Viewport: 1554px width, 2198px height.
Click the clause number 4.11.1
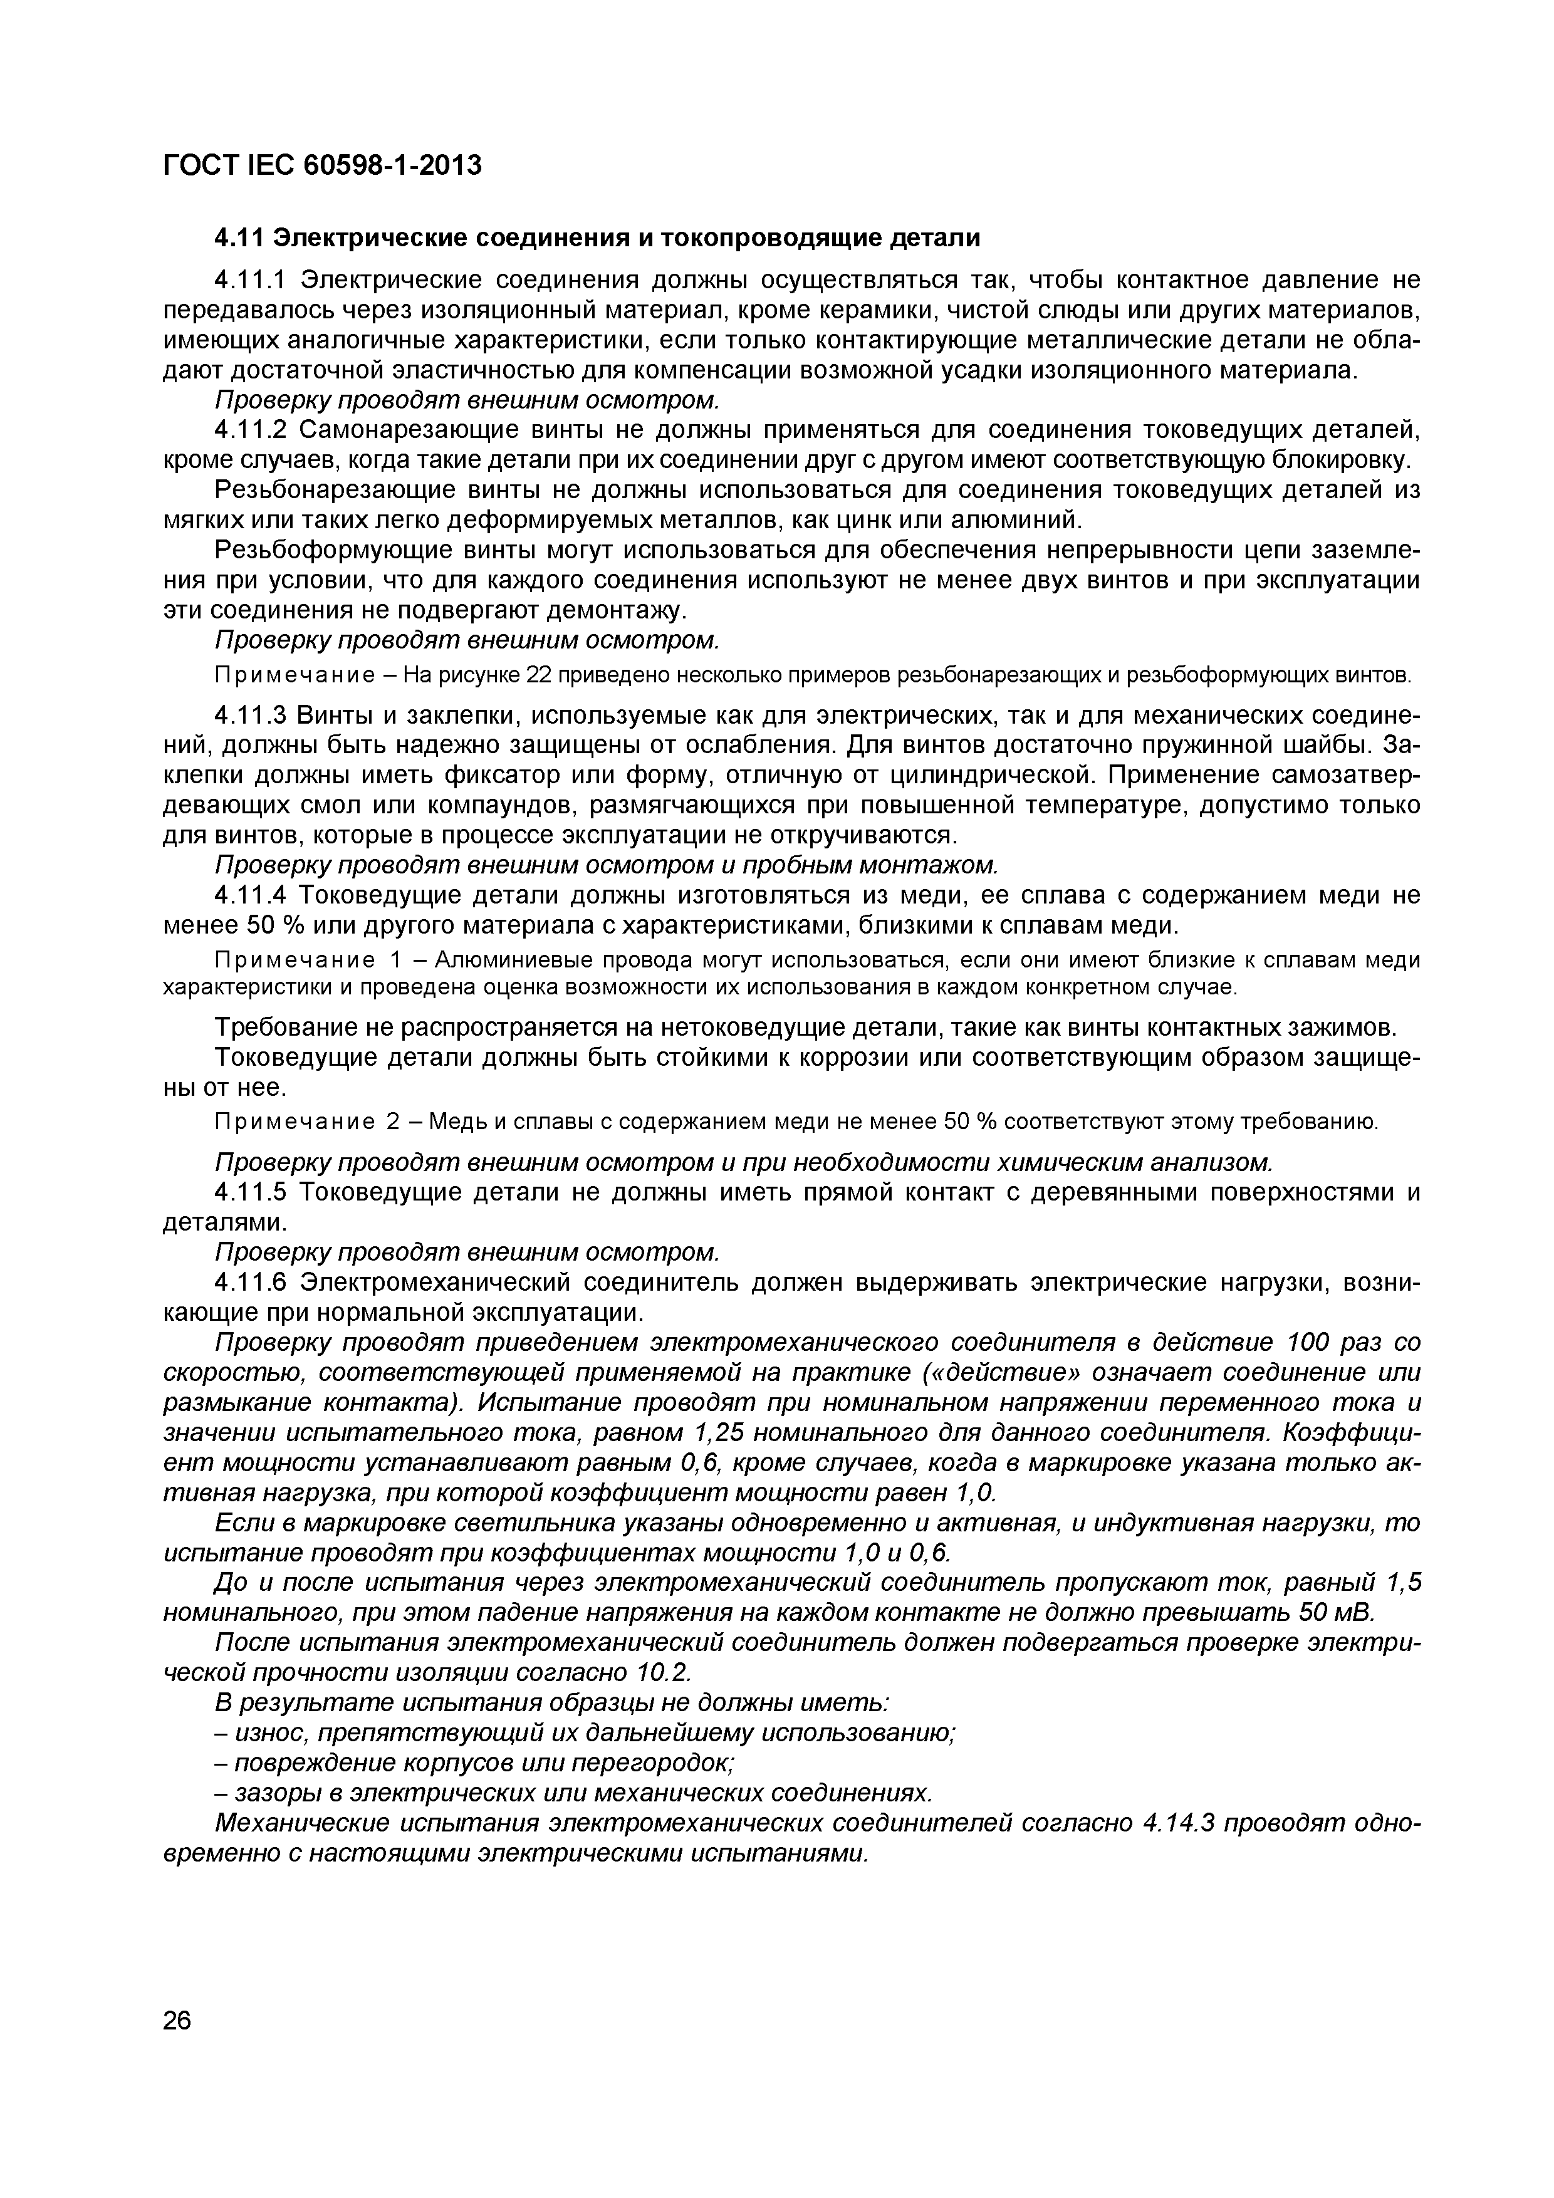(250, 279)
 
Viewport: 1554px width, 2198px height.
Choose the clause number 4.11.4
(250, 895)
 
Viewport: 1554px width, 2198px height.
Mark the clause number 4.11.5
(250, 1192)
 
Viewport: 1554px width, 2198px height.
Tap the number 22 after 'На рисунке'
(540, 676)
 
